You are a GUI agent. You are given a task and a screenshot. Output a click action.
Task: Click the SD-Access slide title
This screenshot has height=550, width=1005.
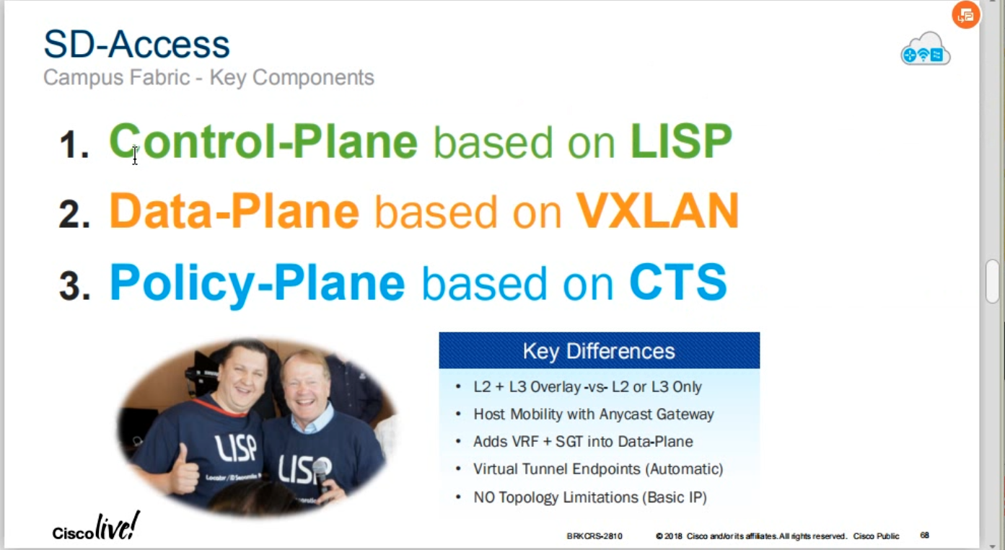tap(136, 45)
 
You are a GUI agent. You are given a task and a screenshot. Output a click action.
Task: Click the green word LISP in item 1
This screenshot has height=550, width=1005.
tap(681, 141)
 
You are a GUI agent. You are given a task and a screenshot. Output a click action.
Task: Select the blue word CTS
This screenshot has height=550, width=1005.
tap(678, 282)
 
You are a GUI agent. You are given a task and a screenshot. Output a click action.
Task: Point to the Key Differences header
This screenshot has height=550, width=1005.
tap(599, 350)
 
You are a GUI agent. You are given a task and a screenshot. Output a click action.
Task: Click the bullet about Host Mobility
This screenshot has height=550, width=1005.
tap(593, 414)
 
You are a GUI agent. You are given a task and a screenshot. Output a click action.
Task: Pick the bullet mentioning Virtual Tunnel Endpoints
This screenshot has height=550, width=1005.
tap(598, 469)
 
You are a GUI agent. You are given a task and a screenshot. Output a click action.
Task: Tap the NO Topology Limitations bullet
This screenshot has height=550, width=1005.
tap(590, 497)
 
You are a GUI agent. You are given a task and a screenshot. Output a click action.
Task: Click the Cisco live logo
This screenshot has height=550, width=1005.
tap(96, 526)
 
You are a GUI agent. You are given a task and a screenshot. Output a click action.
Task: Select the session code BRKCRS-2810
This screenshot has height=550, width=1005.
tap(594, 536)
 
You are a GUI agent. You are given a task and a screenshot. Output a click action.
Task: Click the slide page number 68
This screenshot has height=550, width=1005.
tap(924, 535)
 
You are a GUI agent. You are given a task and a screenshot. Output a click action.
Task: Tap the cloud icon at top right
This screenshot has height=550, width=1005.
tap(925, 49)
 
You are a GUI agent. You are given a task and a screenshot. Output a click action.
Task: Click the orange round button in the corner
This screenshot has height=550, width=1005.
tap(965, 15)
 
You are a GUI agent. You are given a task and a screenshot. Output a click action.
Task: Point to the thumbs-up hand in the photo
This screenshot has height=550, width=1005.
tap(185, 466)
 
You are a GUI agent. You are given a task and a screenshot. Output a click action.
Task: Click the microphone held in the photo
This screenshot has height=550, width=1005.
tap(322, 476)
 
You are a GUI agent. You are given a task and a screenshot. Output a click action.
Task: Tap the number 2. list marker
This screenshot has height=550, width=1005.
tap(74, 214)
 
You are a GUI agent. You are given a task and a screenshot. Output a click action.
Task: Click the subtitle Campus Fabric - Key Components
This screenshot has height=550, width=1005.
tap(209, 77)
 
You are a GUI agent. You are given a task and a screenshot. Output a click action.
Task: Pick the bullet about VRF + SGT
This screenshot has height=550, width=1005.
tap(583, 442)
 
